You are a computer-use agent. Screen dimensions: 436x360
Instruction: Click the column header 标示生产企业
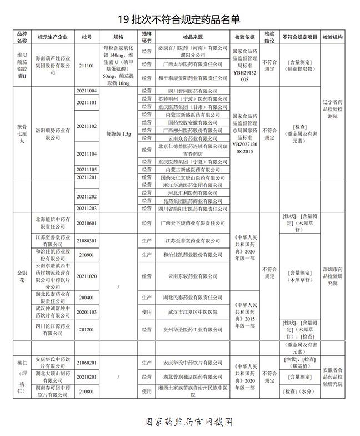pos(53,37)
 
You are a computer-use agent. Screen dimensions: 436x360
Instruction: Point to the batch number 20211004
pos(87,90)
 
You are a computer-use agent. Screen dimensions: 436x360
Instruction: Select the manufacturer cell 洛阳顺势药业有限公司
pos(53,133)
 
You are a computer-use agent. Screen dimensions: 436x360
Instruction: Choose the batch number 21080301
pos(87,240)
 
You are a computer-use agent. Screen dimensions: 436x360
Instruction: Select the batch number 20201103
pos(87,313)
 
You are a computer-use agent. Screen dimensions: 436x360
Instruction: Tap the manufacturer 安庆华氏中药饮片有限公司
pos(53,363)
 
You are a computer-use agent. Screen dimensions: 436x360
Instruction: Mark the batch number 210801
pos(87,392)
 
